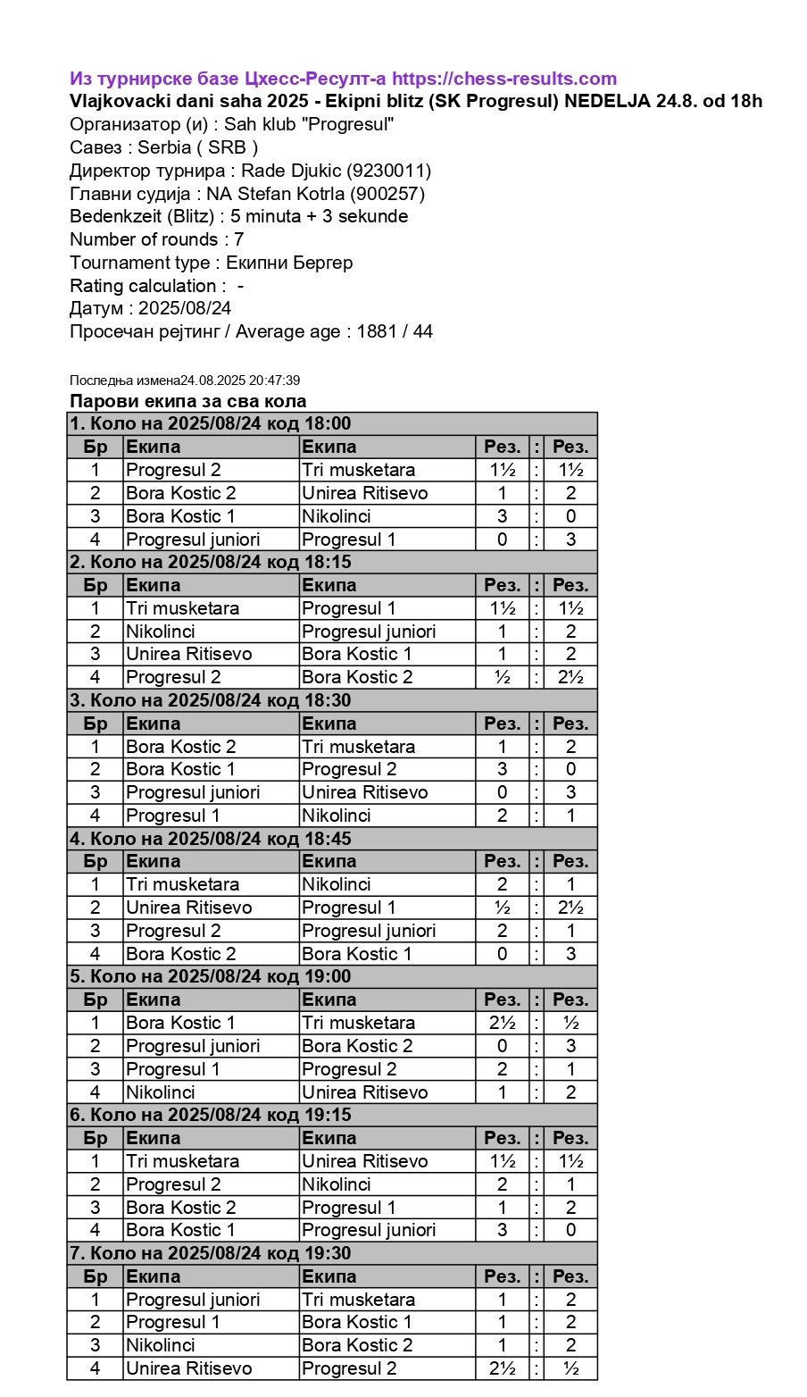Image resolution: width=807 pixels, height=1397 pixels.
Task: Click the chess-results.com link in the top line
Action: pos(504,79)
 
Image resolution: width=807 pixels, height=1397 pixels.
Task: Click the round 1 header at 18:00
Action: pos(211,423)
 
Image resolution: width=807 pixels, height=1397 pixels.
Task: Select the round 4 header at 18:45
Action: pos(211,839)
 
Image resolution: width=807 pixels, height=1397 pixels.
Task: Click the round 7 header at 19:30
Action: pos(211,1253)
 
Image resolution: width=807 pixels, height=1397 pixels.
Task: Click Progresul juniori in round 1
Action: pos(193,540)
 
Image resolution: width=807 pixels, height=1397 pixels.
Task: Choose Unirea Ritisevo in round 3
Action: pos(364,792)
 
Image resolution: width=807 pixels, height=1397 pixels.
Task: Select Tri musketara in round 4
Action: pos(183,884)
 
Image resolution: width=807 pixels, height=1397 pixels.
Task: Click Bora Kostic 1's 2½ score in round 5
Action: pos(502,1023)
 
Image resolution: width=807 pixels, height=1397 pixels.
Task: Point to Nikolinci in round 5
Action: pos(161,1092)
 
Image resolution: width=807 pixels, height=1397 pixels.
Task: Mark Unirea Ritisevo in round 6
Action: pos(364,1161)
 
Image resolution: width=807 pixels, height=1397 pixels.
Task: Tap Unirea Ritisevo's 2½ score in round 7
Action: pos(502,1368)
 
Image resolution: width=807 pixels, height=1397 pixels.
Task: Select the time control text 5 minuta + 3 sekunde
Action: pos(319,216)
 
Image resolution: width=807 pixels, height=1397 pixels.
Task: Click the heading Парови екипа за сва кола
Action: pos(188,401)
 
